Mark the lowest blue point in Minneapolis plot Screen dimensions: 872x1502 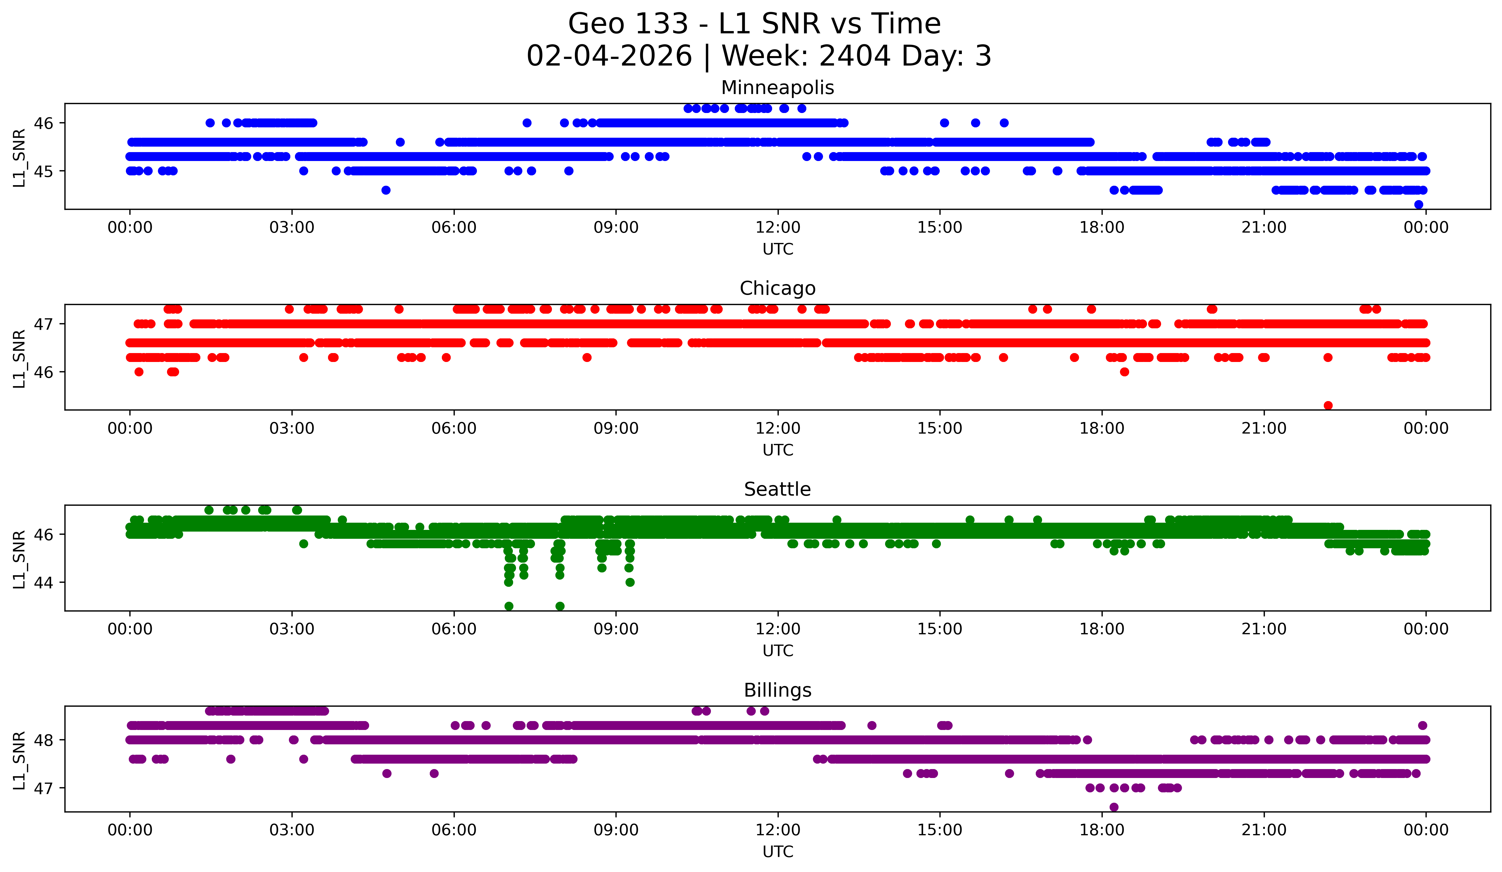[1419, 204]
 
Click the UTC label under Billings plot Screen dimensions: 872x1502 [778, 852]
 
